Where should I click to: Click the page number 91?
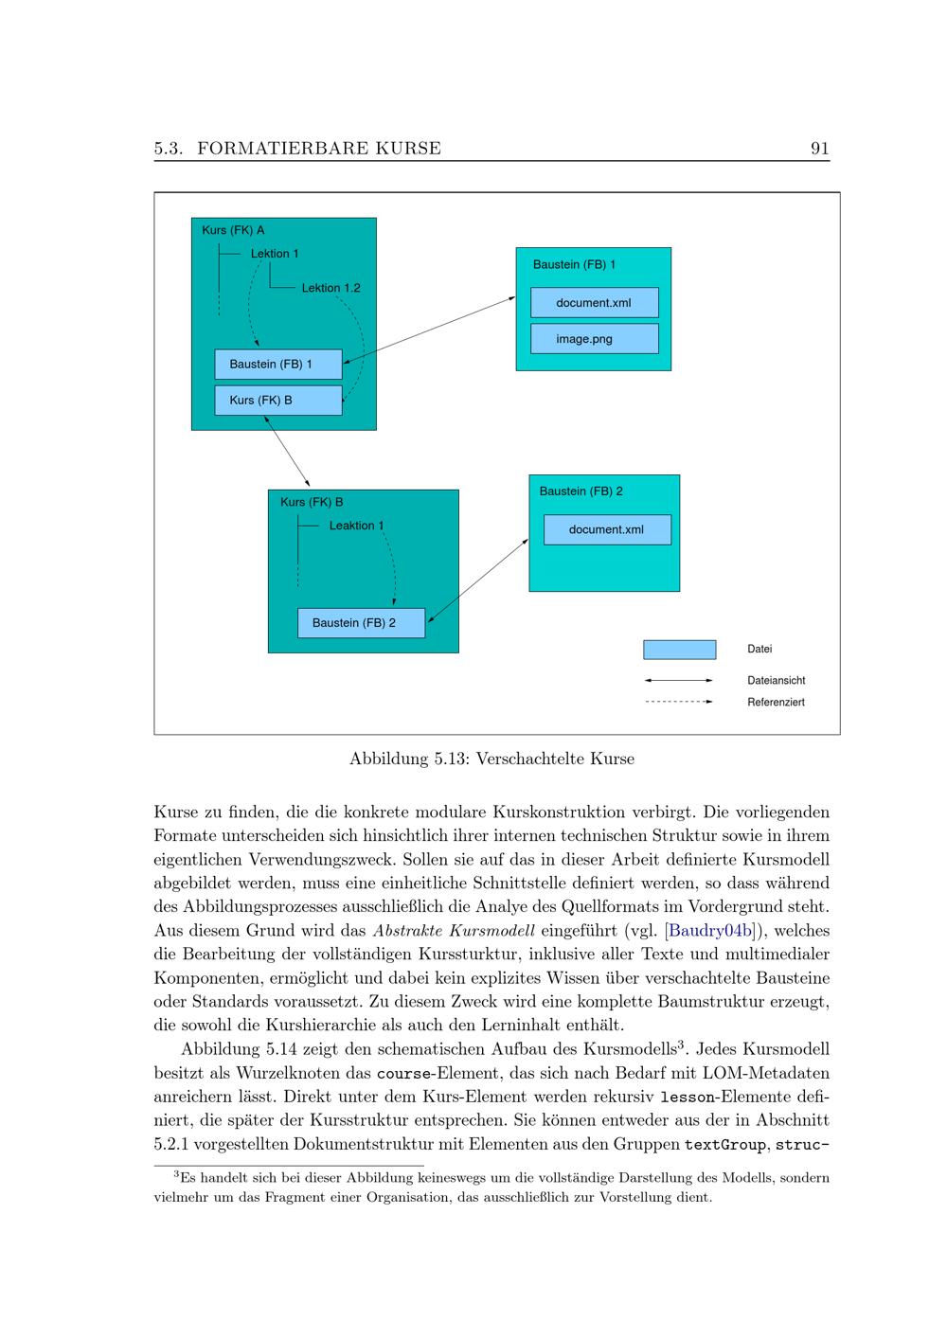pos(819,148)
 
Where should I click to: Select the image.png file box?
pos(594,339)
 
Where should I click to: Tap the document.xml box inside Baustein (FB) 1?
pos(594,303)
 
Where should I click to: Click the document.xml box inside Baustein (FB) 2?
pos(606,529)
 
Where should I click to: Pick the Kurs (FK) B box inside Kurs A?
pos(277,400)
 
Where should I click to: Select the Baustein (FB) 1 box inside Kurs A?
pos(277,364)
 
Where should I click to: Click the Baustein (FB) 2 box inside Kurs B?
pos(361,623)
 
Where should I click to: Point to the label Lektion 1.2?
pos(331,288)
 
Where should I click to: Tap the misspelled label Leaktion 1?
pos(356,526)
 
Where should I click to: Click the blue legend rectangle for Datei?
pos(679,650)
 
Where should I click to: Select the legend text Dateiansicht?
pos(776,680)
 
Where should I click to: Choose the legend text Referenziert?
pos(776,703)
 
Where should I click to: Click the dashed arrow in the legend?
pos(678,702)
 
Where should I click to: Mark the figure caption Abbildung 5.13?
pos(491,759)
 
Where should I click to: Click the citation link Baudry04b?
pos(710,931)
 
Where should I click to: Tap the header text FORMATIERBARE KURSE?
pos(319,148)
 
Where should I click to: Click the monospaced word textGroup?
pos(724,1145)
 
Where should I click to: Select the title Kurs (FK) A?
pos(233,230)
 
